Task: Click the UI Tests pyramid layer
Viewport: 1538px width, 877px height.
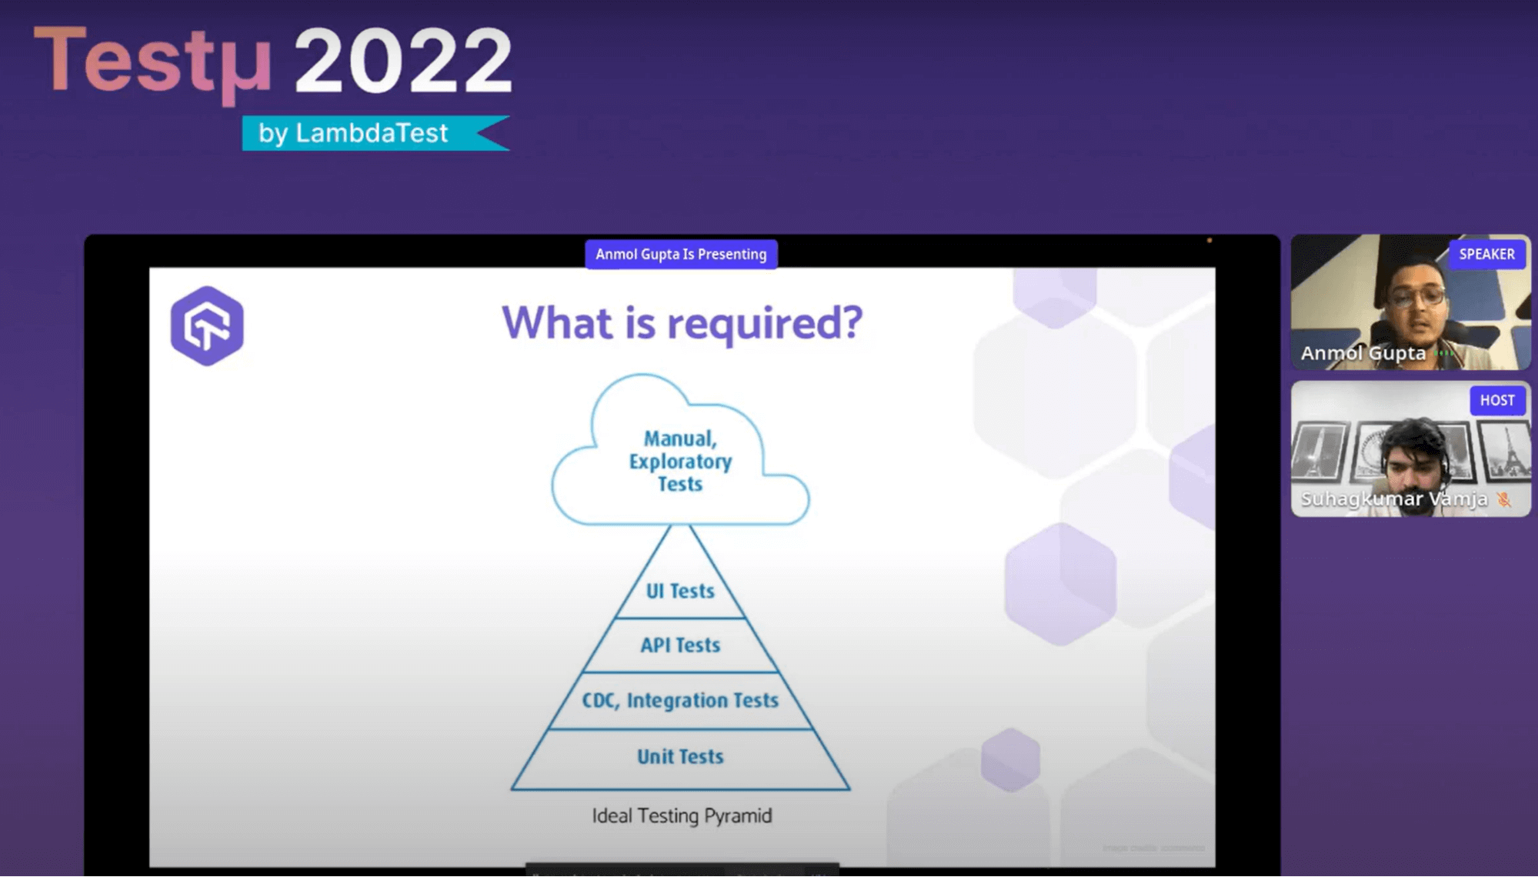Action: (x=680, y=591)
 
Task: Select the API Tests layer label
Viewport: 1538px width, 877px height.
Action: (x=680, y=645)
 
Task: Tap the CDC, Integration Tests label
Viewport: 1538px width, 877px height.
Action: (x=680, y=700)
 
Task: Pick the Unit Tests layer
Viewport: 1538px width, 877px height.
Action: (x=680, y=756)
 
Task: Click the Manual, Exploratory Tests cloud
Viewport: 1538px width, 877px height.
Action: (x=680, y=461)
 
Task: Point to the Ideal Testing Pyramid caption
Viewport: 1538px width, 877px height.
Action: (x=682, y=815)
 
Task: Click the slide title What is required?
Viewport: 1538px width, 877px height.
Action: (x=682, y=322)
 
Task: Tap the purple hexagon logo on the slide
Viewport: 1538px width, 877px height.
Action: (x=207, y=325)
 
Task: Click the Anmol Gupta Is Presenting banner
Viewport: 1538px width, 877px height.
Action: (x=681, y=254)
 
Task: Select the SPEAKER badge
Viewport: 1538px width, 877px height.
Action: (x=1486, y=254)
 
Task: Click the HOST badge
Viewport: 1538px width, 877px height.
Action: (x=1496, y=400)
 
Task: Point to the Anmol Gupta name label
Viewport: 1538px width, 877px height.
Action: (x=1363, y=353)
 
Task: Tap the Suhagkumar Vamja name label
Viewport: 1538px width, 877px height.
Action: (x=1393, y=499)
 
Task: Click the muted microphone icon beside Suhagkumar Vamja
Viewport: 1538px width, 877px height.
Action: (x=1503, y=499)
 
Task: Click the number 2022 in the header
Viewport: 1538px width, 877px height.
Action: (x=403, y=60)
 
